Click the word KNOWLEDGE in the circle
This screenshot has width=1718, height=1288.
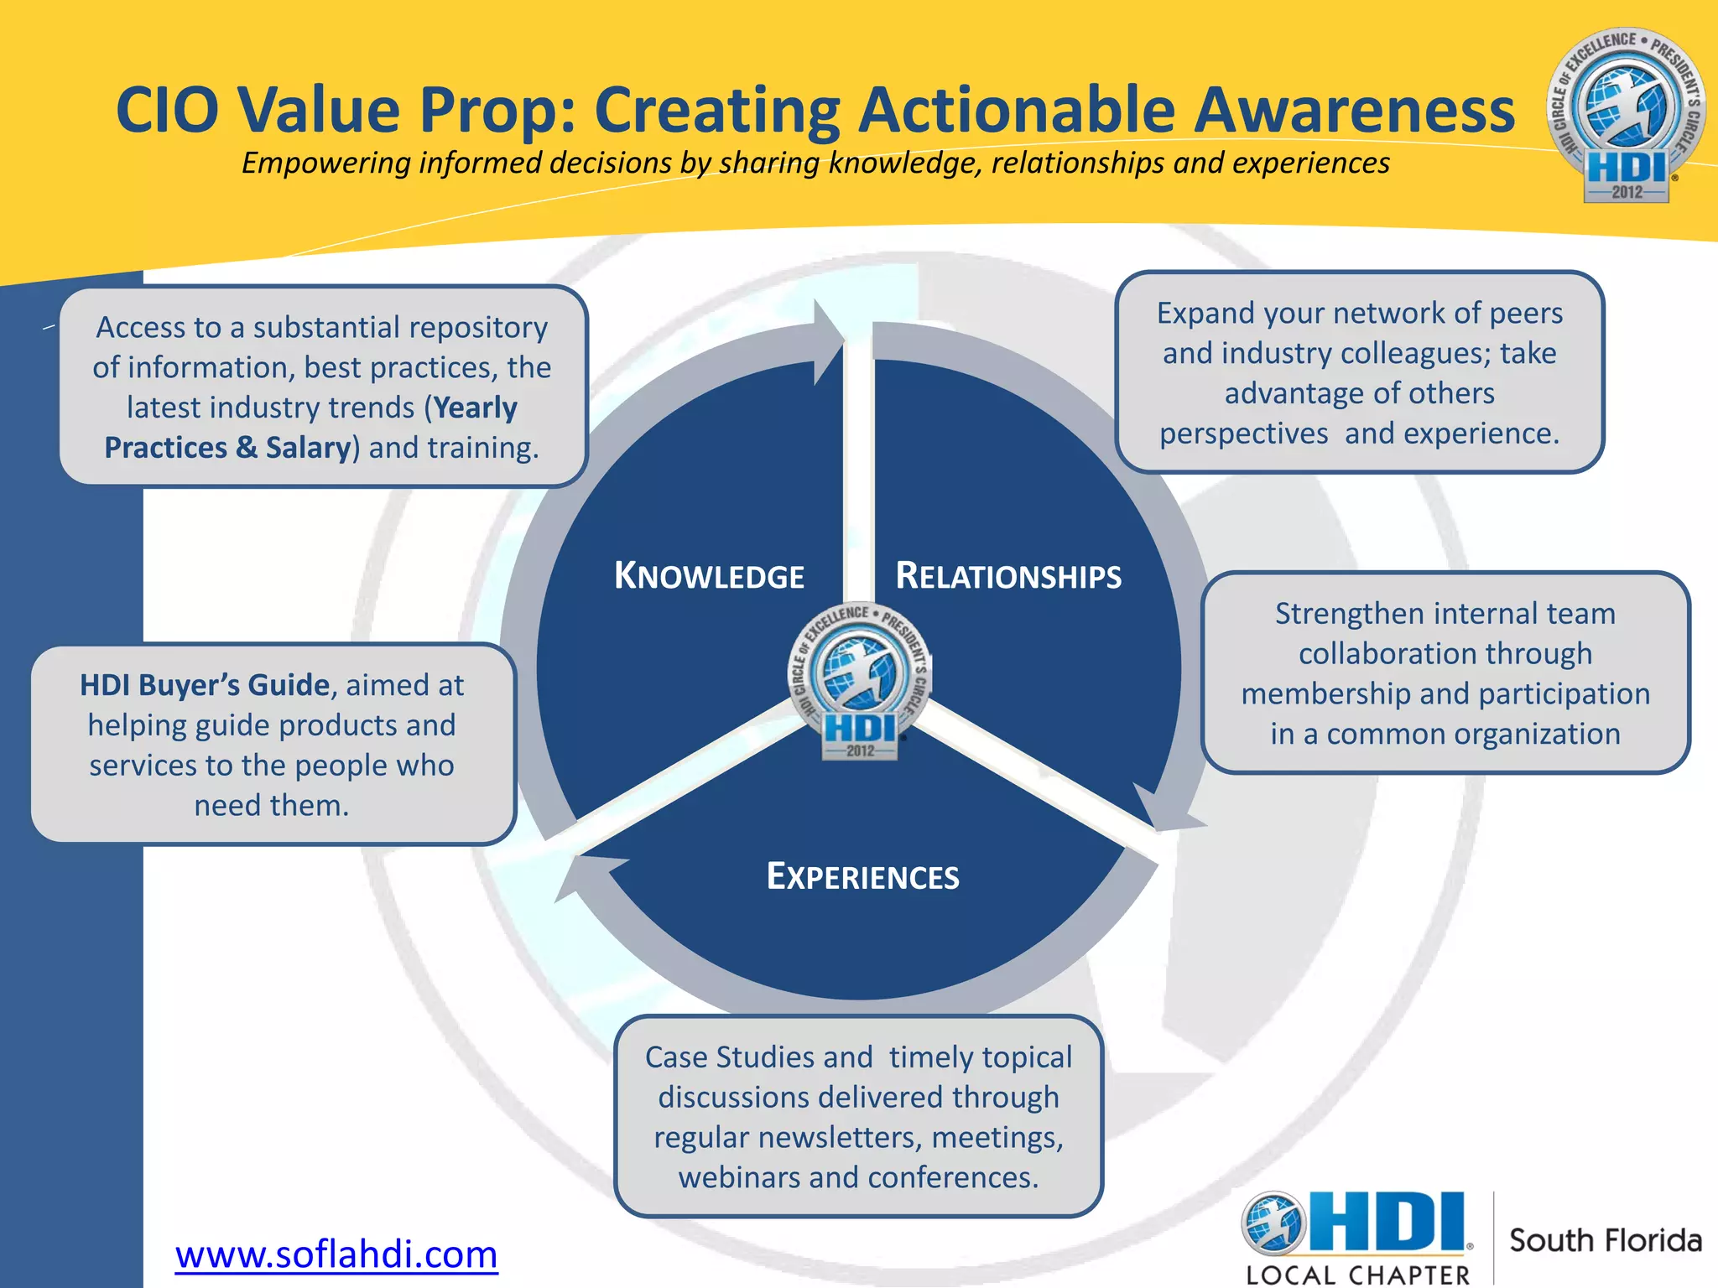click(x=710, y=577)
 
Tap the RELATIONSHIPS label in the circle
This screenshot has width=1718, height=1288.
click(x=1008, y=577)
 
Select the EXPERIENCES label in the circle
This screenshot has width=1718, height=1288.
click(x=862, y=877)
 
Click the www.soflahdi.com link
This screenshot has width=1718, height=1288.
click(x=336, y=1254)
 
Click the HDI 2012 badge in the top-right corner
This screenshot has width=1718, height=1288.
click(x=1626, y=116)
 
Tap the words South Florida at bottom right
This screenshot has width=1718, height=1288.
click(x=1606, y=1240)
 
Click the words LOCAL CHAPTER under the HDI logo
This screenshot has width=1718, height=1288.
click(x=1358, y=1275)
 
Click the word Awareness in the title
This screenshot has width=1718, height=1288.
click(x=1354, y=111)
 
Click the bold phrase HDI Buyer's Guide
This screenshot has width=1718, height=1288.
click(x=205, y=685)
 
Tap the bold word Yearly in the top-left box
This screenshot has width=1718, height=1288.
click(x=476, y=408)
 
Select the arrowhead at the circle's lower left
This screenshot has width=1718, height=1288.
click(x=587, y=876)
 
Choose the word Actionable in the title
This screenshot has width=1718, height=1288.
click(x=1017, y=111)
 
